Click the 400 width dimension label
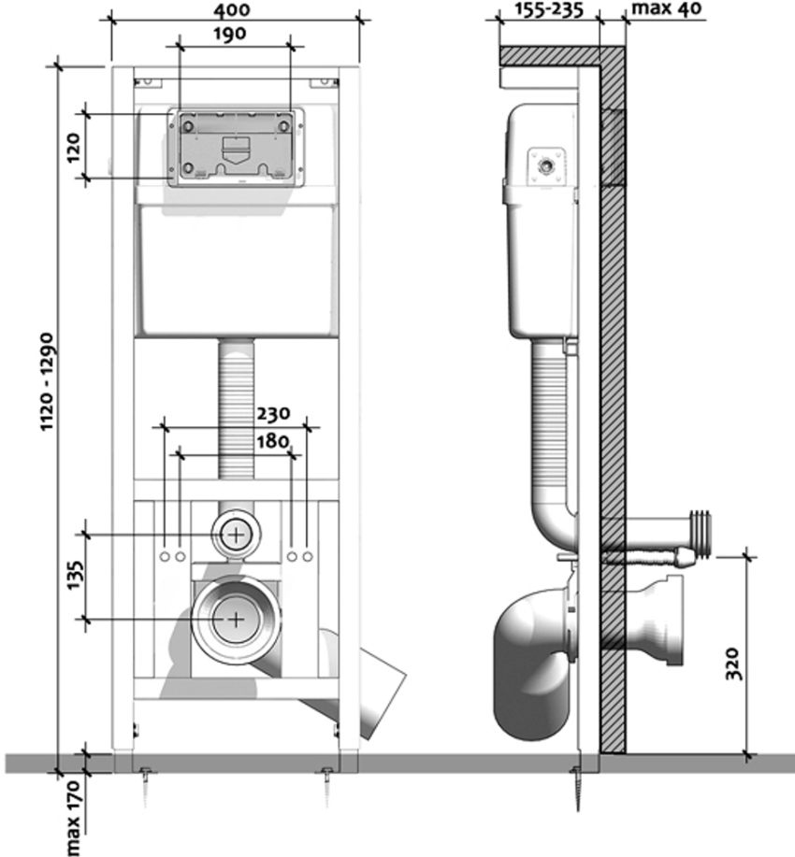(x=234, y=10)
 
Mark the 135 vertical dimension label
(x=73, y=577)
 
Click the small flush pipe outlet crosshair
(x=237, y=535)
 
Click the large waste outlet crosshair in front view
(x=237, y=619)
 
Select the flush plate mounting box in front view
(x=236, y=148)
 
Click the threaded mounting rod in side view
(x=650, y=559)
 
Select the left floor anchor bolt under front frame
(x=147, y=778)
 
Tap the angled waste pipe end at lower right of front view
(x=379, y=696)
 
